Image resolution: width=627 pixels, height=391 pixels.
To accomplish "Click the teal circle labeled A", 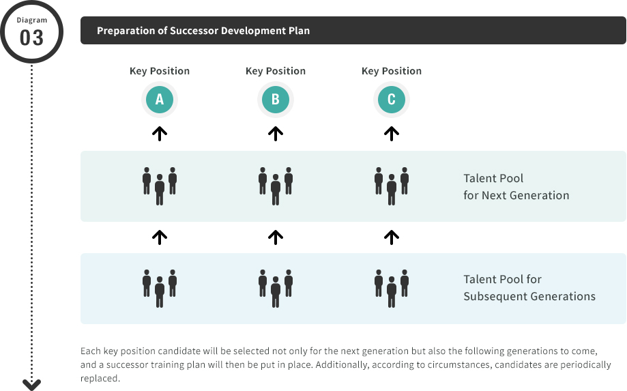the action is (160, 100).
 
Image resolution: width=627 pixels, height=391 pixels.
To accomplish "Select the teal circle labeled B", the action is (276, 100).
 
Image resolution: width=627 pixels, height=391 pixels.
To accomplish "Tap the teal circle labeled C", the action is (392, 100).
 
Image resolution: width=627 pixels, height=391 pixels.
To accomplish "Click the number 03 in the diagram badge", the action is (31, 38).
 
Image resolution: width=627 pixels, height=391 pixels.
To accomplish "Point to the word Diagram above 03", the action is (31, 20).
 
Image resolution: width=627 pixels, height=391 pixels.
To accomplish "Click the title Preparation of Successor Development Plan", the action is (203, 31).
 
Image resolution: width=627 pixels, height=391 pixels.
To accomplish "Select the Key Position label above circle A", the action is (160, 71).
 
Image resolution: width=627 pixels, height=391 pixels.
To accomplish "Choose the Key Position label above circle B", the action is (276, 71).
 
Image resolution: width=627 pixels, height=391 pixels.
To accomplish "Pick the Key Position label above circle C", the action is (392, 71).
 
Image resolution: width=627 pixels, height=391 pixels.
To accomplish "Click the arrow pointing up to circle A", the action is (160, 134).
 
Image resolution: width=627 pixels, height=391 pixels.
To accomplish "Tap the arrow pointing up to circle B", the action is (276, 134).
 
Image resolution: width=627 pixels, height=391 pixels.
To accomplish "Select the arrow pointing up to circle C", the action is (392, 134).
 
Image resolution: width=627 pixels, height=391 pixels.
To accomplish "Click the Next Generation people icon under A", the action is (160, 186).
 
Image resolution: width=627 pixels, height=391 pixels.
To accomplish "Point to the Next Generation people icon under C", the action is (392, 186).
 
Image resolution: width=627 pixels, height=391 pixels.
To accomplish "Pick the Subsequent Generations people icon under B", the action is (276, 289).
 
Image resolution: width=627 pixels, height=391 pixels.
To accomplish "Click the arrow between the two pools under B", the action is (276, 237).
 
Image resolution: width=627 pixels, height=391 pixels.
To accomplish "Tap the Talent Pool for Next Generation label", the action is (516, 187).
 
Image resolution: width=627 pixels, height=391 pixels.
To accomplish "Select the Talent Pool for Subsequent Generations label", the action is (529, 288).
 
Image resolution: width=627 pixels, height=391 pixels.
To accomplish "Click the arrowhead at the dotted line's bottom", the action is (31, 385).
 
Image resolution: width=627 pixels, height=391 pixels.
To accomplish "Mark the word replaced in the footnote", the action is (100, 378).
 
